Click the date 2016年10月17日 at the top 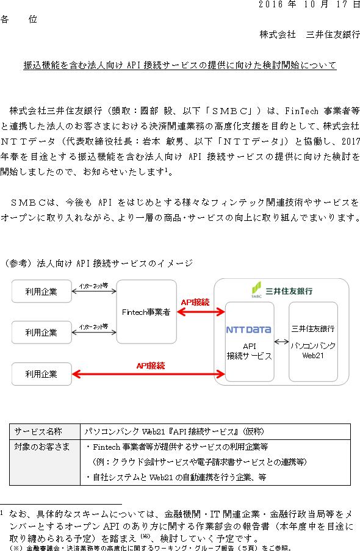click(309, 4)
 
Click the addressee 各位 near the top click(19, 20)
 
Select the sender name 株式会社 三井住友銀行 click(310, 34)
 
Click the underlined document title click(180, 65)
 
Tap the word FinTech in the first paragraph click(301, 111)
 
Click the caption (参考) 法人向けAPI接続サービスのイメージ click(98, 263)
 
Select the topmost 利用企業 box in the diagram click(41, 291)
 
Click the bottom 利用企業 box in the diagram click(41, 374)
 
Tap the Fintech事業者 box click(146, 312)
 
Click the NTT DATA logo click(248, 330)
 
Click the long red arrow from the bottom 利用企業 click(148, 374)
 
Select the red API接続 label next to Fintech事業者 click(195, 302)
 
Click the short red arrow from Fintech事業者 click(201, 312)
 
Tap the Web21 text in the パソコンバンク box click(313, 356)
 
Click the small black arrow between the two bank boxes click(281, 342)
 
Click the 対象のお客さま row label click(42, 447)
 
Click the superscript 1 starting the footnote click(2, 513)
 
